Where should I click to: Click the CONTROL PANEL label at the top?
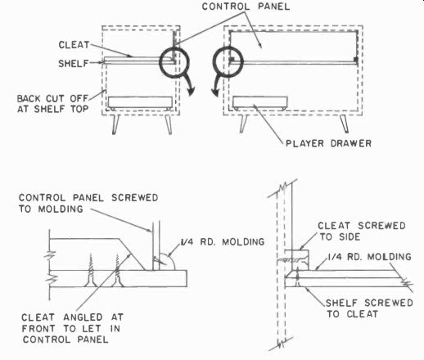(246, 7)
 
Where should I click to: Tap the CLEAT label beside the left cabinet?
(74, 45)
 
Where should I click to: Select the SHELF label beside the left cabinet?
(74, 64)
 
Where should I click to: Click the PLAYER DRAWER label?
(328, 143)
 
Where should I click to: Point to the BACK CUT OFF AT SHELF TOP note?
(53, 104)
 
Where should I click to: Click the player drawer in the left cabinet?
(140, 103)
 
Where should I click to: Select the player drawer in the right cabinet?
(259, 103)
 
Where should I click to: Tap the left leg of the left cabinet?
(115, 124)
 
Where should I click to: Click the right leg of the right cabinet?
(344, 124)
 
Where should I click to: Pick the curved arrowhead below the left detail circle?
(192, 91)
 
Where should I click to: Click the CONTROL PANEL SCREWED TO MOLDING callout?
(88, 203)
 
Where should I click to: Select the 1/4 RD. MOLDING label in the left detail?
(223, 242)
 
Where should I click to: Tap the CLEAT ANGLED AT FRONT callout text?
(72, 328)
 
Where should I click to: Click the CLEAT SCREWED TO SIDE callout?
(362, 231)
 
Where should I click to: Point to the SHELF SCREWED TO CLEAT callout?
(369, 308)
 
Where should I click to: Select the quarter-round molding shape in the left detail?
(167, 263)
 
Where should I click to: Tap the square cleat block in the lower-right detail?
(297, 260)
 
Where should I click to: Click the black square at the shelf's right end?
(355, 59)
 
